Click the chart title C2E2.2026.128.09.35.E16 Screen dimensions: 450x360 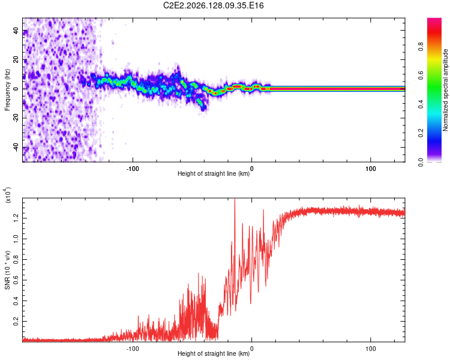[213, 5]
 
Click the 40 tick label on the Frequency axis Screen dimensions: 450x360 [16, 31]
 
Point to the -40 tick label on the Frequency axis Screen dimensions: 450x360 [16, 147]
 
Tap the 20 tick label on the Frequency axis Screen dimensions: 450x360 [16, 60]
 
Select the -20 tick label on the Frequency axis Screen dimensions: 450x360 [16, 118]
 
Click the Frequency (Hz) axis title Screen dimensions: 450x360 [7, 89]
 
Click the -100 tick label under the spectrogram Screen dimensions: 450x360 [133, 169]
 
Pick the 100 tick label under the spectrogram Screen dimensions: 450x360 [371, 169]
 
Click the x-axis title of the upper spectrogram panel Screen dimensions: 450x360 [214, 173]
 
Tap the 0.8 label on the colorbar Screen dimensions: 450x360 [421, 46]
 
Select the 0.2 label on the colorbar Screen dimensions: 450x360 [421, 133]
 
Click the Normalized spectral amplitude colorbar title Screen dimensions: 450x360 [445, 90]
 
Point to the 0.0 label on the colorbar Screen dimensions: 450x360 [421, 161]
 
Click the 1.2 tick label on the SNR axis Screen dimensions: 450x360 [16, 218]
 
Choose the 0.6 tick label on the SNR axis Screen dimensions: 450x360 [16, 280]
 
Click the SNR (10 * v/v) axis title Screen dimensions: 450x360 [7, 270]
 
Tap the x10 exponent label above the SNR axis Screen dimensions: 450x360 [7, 195]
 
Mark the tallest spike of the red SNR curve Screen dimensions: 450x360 [235, 199]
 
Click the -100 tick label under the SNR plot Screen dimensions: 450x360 [133, 349]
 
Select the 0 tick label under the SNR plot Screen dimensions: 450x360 [251, 349]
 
